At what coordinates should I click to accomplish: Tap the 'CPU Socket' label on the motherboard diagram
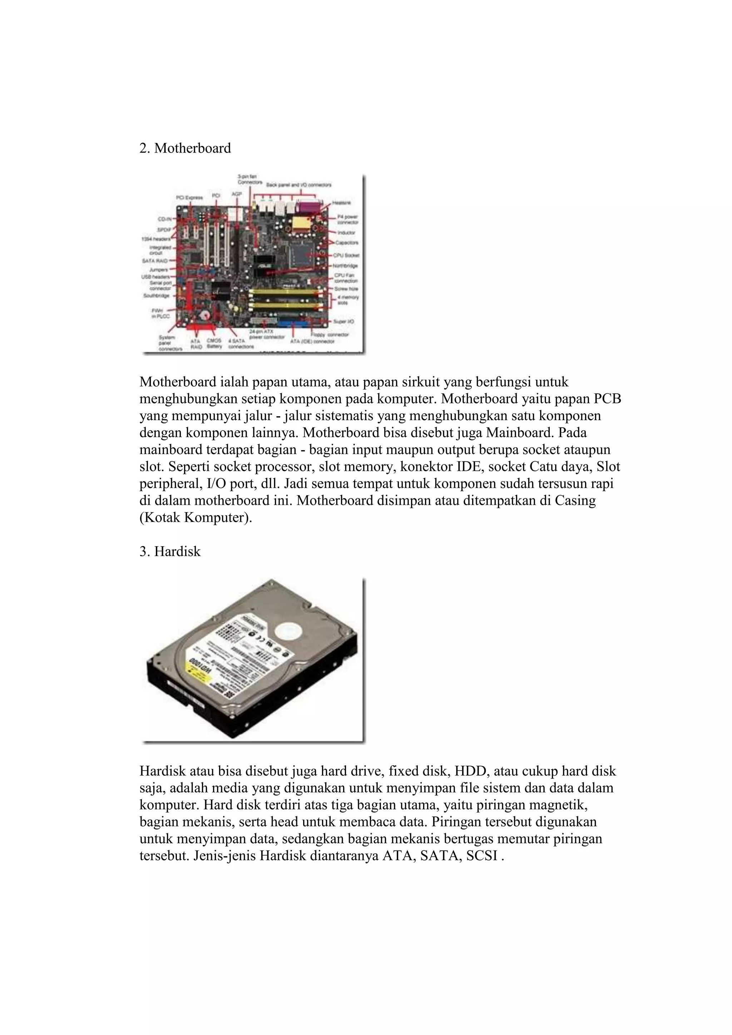(x=346, y=255)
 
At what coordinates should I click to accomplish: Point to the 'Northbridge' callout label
(x=346, y=266)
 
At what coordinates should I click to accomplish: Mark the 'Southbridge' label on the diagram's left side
(x=156, y=296)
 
